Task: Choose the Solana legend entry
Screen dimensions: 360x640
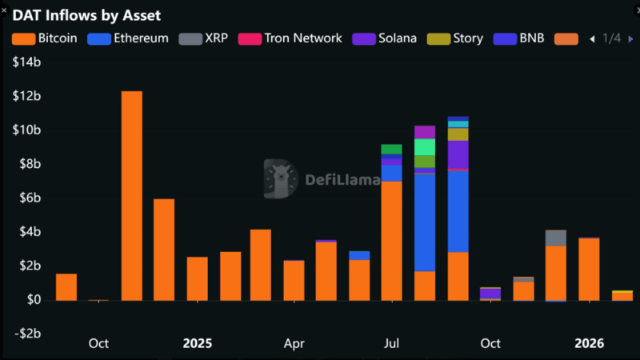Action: point(389,38)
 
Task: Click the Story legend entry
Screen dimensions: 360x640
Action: point(458,38)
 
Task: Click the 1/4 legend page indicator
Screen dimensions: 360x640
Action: point(611,38)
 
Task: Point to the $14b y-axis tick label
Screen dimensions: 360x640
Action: point(26,62)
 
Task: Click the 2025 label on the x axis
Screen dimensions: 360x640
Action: point(197,343)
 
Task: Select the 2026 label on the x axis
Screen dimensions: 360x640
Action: point(590,343)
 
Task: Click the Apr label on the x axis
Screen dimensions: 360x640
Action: point(294,343)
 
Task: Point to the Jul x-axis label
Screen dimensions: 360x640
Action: point(391,343)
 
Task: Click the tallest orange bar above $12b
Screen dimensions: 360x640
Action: point(131,196)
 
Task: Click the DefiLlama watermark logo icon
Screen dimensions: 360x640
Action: point(280,178)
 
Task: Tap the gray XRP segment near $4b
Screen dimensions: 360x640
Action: point(556,238)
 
